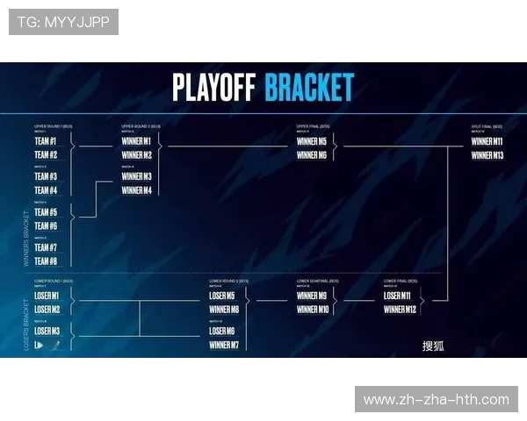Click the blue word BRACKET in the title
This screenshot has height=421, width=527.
pyautogui.click(x=309, y=88)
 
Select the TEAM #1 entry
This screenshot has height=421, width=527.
pyautogui.click(x=46, y=141)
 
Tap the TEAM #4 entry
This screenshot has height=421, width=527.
pyautogui.click(x=46, y=190)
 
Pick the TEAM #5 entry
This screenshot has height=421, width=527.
pyautogui.click(x=46, y=212)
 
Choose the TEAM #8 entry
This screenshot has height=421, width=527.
pyautogui.click(x=46, y=261)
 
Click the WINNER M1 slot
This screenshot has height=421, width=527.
pyautogui.click(x=136, y=141)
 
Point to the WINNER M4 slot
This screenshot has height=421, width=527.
pyautogui.click(x=136, y=190)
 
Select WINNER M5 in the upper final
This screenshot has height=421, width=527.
pyautogui.click(x=312, y=141)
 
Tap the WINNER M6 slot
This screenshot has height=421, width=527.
pyautogui.click(x=312, y=155)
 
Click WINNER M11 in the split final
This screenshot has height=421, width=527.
pyautogui.click(x=487, y=141)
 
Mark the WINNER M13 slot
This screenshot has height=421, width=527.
pyautogui.click(x=487, y=155)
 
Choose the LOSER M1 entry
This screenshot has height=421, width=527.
pyautogui.click(x=47, y=296)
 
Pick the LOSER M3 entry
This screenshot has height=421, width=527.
pyautogui.click(x=47, y=331)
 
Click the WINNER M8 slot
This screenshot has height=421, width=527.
pyautogui.click(x=224, y=310)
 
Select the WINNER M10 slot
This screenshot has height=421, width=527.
pyautogui.click(x=312, y=310)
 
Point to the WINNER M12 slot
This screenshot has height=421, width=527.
pyautogui.click(x=400, y=310)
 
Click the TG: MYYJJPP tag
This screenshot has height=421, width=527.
pyautogui.click(x=63, y=22)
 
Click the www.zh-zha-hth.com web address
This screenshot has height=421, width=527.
pyautogui.click(x=436, y=399)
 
